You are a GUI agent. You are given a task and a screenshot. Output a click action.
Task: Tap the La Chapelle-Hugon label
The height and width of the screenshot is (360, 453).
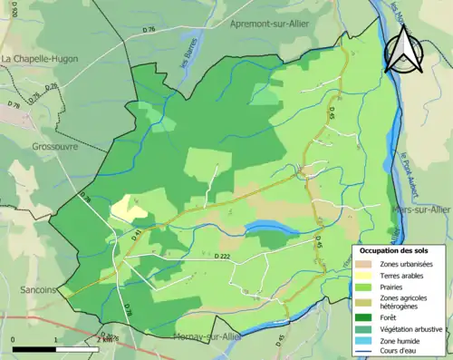pos(40,59)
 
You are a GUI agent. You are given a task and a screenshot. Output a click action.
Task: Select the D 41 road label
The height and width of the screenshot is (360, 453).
pos(139,235)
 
